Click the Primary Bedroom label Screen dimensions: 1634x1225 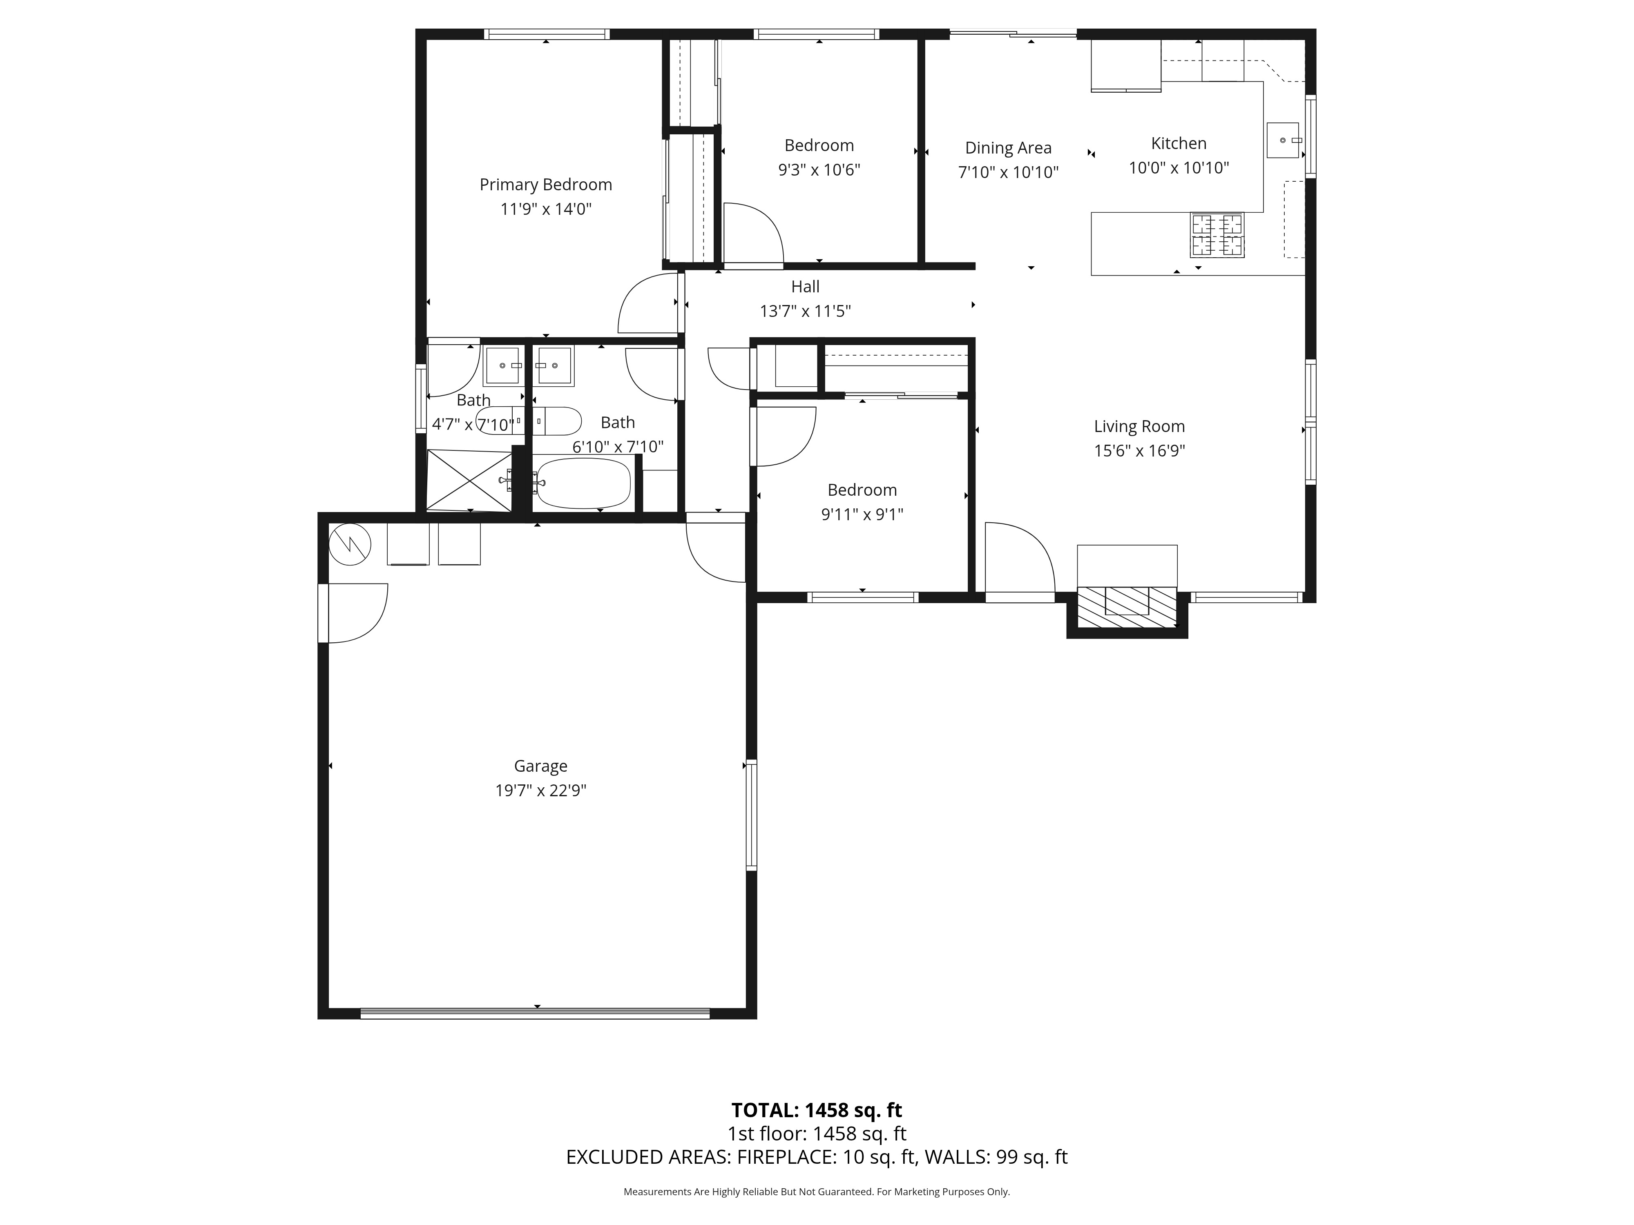(546, 185)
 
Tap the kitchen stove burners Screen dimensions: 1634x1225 (1217, 235)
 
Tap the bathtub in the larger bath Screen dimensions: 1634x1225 (583, 483)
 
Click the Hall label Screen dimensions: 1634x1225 (805, 287)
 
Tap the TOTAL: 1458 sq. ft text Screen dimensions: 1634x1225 (816, 1110)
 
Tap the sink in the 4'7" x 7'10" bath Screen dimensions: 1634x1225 (503, 365)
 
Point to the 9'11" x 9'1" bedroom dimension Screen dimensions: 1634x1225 (862, 514)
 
